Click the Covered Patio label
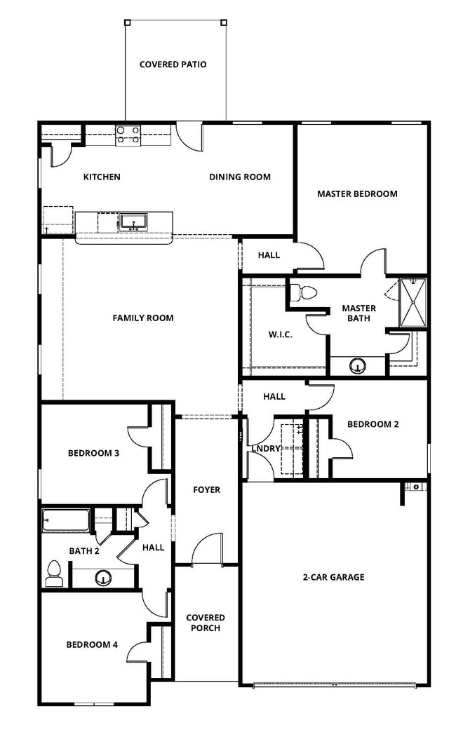[173, 65]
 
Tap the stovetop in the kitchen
[128, 134]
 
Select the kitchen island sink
[132, 222]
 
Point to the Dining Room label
[240, 177]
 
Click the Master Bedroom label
[357, 194]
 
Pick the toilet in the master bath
[303, 291]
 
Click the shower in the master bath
[413, 302]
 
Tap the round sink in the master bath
[358, 366]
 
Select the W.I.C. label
[281, 334]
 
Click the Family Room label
[143, 318]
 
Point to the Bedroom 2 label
[373, 424]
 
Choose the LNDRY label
[266, 449]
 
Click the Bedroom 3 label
[93, 453]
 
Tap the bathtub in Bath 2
[65, 521]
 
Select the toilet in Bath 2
[53, 573]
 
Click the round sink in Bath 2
[104, 578]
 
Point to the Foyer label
[206, 489]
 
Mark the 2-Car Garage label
[333, 577]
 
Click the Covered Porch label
[205, 623]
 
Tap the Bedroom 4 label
[92, 644]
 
